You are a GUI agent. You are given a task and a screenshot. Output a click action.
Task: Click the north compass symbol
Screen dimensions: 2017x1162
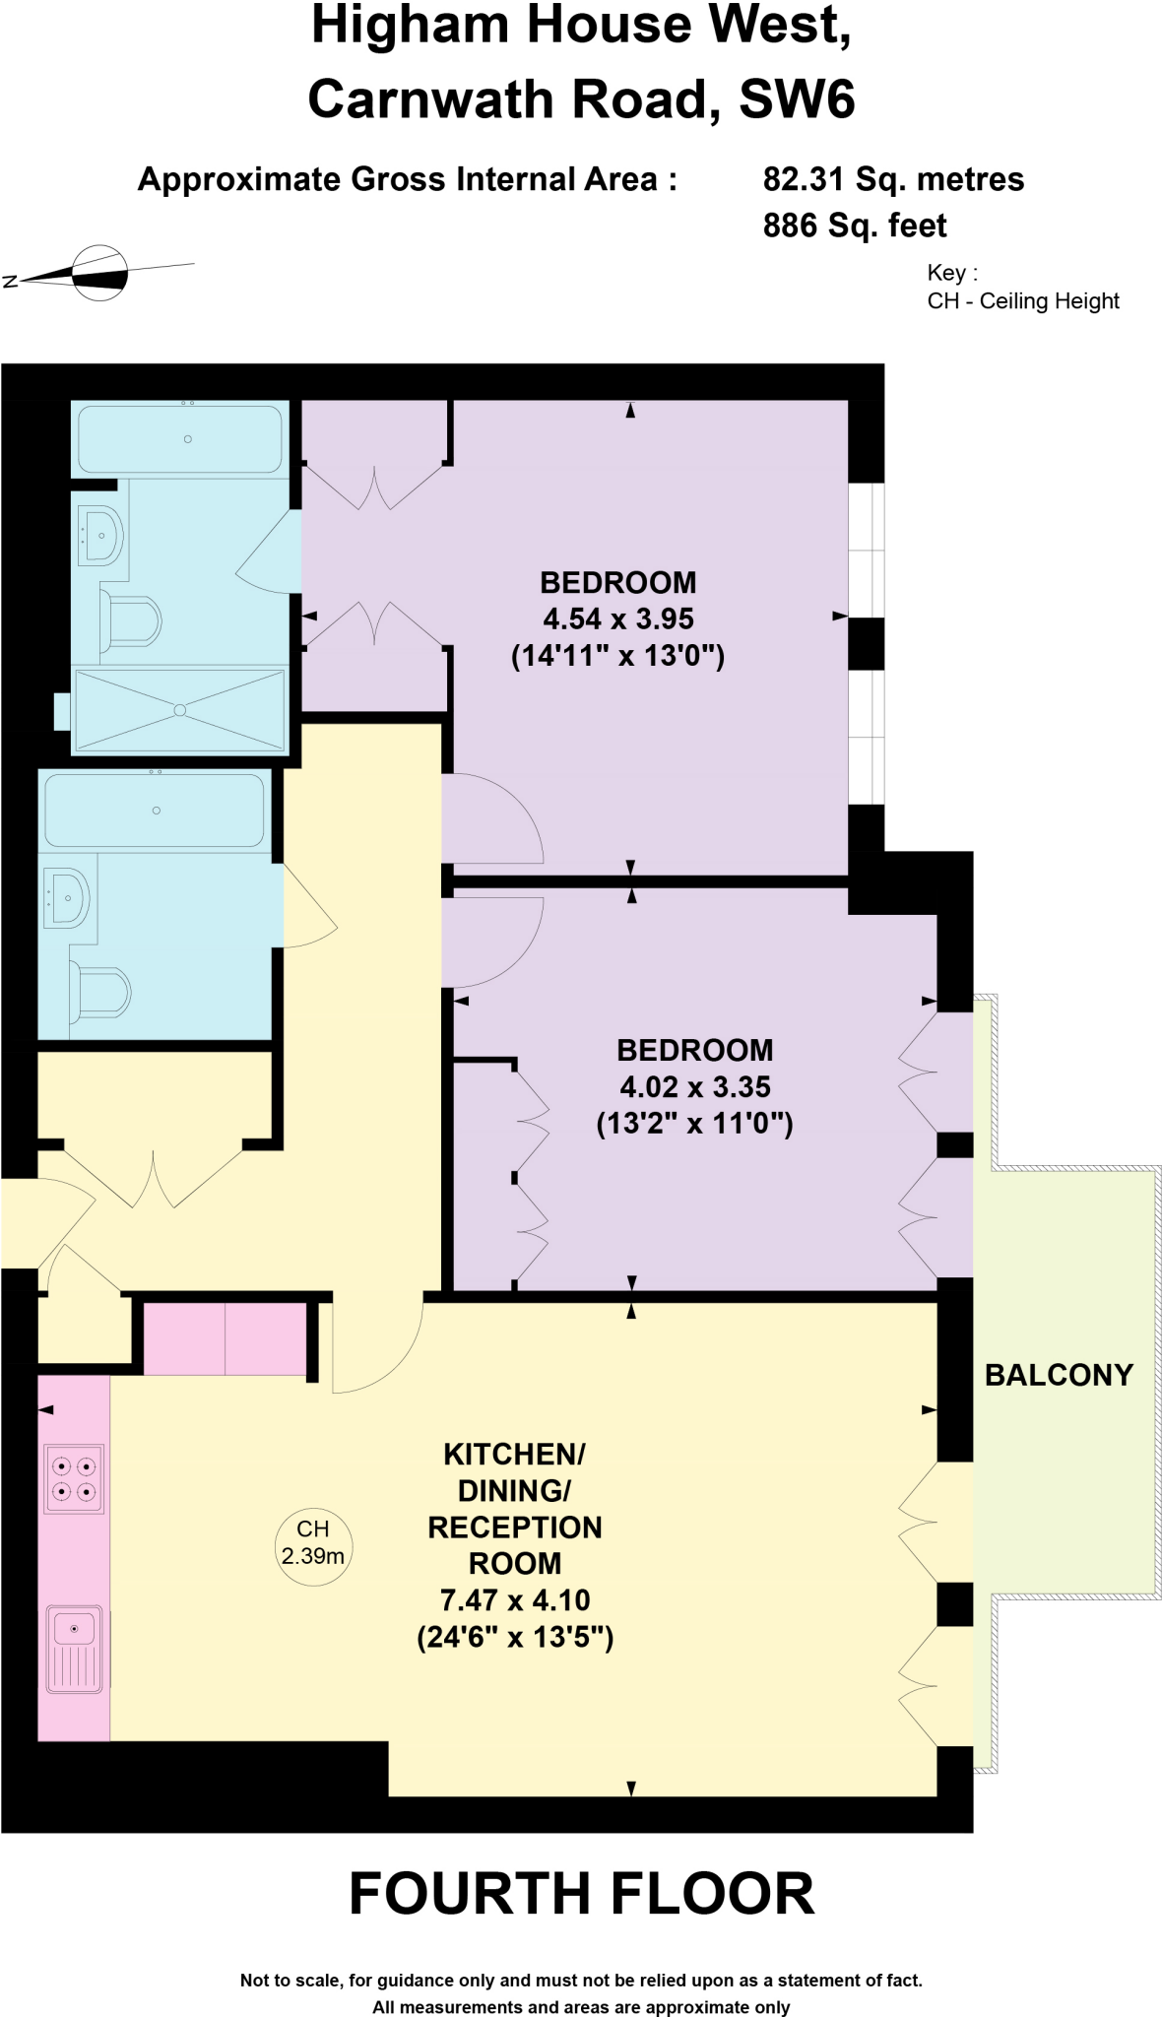coord(100,273)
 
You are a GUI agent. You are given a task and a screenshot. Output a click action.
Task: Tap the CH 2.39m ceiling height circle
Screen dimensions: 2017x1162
coord(313,1543)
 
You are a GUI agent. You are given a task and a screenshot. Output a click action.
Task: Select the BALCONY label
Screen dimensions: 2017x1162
coord(1059,1375)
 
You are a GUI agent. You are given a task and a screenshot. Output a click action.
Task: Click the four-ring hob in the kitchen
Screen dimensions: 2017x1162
coord(74,1478)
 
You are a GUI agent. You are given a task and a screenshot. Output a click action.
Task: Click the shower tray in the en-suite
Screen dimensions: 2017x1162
coord(180,709)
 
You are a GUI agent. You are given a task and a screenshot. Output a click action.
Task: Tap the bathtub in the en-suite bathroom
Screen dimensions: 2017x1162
coord(181,438)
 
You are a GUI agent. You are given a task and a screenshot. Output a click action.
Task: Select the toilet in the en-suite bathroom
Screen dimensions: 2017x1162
coord(132,621)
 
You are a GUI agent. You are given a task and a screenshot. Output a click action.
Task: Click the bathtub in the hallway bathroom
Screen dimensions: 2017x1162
coord(155,811)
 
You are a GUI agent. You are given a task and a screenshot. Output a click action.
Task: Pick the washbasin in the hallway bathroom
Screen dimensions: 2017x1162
coord(67,897)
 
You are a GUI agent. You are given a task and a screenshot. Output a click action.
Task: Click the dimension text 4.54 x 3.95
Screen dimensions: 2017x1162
coord(618,619)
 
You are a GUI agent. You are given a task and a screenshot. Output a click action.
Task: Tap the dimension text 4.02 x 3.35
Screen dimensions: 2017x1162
coord(694,1087)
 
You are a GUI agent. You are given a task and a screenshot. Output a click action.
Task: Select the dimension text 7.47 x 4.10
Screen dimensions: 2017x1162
coord(515,1600)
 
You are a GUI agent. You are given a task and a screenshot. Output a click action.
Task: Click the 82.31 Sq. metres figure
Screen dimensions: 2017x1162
coord(893,179)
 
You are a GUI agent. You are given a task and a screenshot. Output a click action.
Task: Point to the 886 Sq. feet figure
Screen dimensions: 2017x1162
coord(854,226)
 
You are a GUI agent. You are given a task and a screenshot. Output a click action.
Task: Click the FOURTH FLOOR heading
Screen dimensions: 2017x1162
coord(582,1894)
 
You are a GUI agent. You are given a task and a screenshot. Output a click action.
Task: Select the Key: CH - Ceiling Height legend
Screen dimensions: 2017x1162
coord(1022,288)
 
